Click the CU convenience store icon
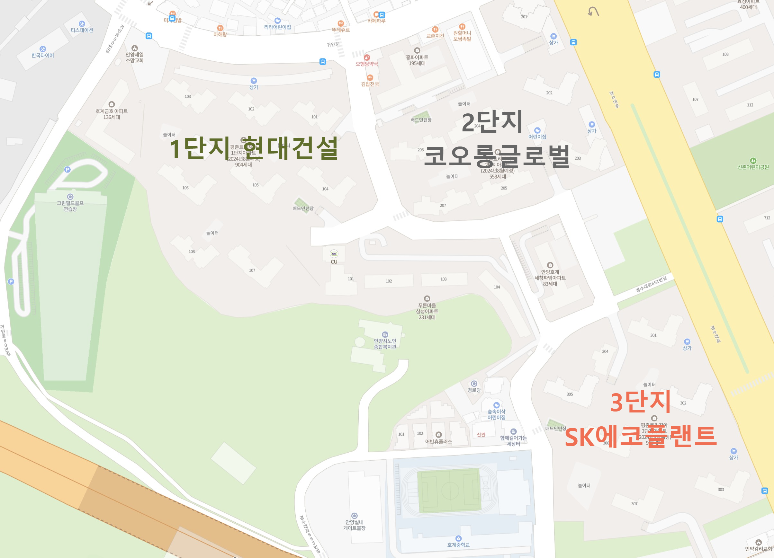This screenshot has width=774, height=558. click(x=334, y=254)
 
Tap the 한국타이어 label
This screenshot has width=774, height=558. click(x=43, y=55)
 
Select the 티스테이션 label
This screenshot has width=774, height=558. click(x=82, y=30)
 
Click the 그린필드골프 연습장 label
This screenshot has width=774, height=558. click(x=70, y=206)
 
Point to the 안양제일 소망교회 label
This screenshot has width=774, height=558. click(x=134, y=57)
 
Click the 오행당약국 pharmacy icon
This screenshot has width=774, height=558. click(x=367, y=57)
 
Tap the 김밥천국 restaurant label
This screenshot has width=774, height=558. click(x=370, y=84)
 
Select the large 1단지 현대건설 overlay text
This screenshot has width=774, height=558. click(x=254, y=148)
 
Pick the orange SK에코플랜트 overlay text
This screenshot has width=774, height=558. click(x=641, y=437)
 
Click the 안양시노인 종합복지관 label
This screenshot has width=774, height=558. click(x=385, y=344)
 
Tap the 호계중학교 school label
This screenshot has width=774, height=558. click(x=458, y=545)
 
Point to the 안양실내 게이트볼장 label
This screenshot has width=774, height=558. click(x=354, y=525)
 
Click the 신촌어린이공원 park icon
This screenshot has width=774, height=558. click(x=753, y=161)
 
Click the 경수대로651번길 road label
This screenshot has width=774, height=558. click(x=651, y=284)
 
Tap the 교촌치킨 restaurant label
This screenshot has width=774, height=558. click(x=435, y=36)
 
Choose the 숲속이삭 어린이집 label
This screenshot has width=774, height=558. click(x=496, y=414)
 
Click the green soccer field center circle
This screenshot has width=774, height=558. click(x=450, y=491)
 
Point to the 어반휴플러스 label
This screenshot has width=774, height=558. click(x=438, y=441)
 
